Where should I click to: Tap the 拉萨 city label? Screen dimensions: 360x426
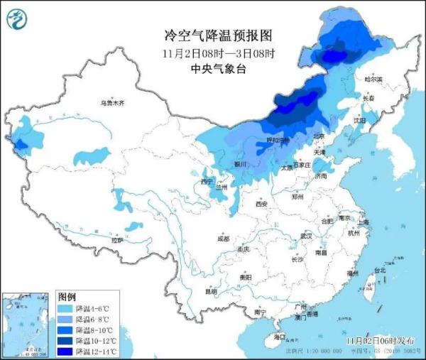pyautogui.click(x=117, y=240)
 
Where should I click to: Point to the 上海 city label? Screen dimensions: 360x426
pyautogui.click(x=364, y=222)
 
